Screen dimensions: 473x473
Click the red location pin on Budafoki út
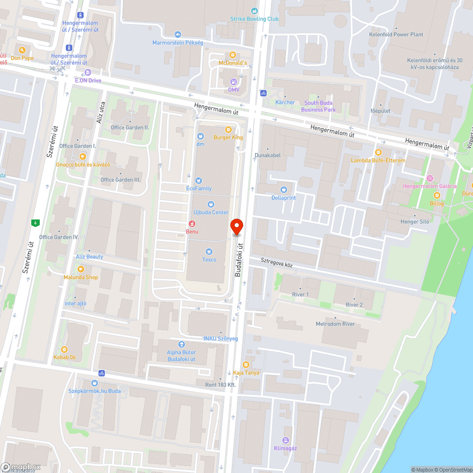[x=236, y=227]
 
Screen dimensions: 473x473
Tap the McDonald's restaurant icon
[x=232, y=55]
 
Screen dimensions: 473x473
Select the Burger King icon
[x=228, y=130]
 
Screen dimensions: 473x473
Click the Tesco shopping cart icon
[x=209, y=251]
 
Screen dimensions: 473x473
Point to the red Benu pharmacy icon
[x=192, y=223]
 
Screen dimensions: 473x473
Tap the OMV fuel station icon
[x=233, y=82]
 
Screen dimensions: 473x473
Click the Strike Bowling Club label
[x=254, y=19]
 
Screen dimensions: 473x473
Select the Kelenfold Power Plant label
[x=396, y=35]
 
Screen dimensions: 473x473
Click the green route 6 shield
[x=35, y=222]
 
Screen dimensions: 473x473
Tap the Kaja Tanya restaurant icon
[x=245, y=364]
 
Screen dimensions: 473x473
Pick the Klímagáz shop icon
[x=285, y=440]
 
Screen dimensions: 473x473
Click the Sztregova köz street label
[x=277, y=263]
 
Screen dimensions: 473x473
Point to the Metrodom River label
[x=335, y=324]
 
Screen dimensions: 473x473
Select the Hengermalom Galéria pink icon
[x=429, y=178]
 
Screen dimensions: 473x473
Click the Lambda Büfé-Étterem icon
[x=378, y=152]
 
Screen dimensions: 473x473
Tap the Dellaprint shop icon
[x=284, y=190]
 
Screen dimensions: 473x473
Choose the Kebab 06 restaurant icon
[x=64, y=349]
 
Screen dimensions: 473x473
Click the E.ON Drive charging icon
[x=88, y=72]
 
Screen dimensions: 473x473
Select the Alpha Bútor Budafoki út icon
[x=181, y=344]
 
